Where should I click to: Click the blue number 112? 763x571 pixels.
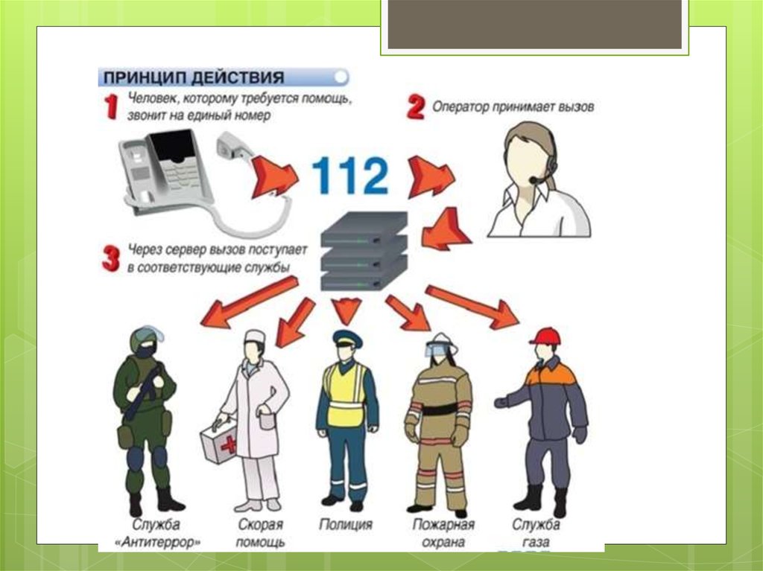click(350, 176)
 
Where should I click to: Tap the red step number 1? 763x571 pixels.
click(111, 106)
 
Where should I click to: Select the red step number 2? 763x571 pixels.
click(416, 107)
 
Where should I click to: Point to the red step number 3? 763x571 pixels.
click(111, 259)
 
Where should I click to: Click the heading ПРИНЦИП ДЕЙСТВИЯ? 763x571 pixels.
click(194, 78)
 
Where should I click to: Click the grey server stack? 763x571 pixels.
click(364, 252)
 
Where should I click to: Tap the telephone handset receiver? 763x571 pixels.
click(233, 145)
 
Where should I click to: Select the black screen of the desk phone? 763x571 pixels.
click(172, 146)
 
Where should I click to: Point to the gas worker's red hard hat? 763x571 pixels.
click(545, 336)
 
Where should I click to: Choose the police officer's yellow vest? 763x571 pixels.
click(346, 395)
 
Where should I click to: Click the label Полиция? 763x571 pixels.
click(346, 524)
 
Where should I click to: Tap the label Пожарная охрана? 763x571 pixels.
click(443, 533)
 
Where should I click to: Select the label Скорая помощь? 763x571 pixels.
click(260, 533)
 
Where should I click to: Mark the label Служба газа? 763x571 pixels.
click(536, 533)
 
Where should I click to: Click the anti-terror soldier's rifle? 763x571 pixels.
click(142, 392)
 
